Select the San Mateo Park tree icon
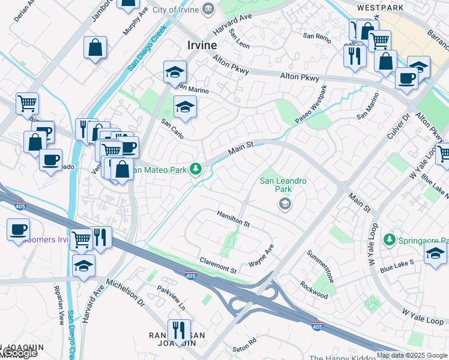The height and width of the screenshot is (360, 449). click(196, 169)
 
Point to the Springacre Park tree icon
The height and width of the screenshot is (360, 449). click(389, 240)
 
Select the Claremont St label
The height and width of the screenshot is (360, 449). click(218, 265)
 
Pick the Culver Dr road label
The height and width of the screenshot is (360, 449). click(397, 129)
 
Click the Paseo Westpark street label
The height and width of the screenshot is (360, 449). click(311, 106)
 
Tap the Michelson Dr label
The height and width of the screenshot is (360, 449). click(125, 292)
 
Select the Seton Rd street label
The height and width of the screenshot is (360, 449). click(244, 344)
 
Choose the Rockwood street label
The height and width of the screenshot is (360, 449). click(314, 290)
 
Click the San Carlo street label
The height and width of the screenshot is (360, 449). click(172, 129)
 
